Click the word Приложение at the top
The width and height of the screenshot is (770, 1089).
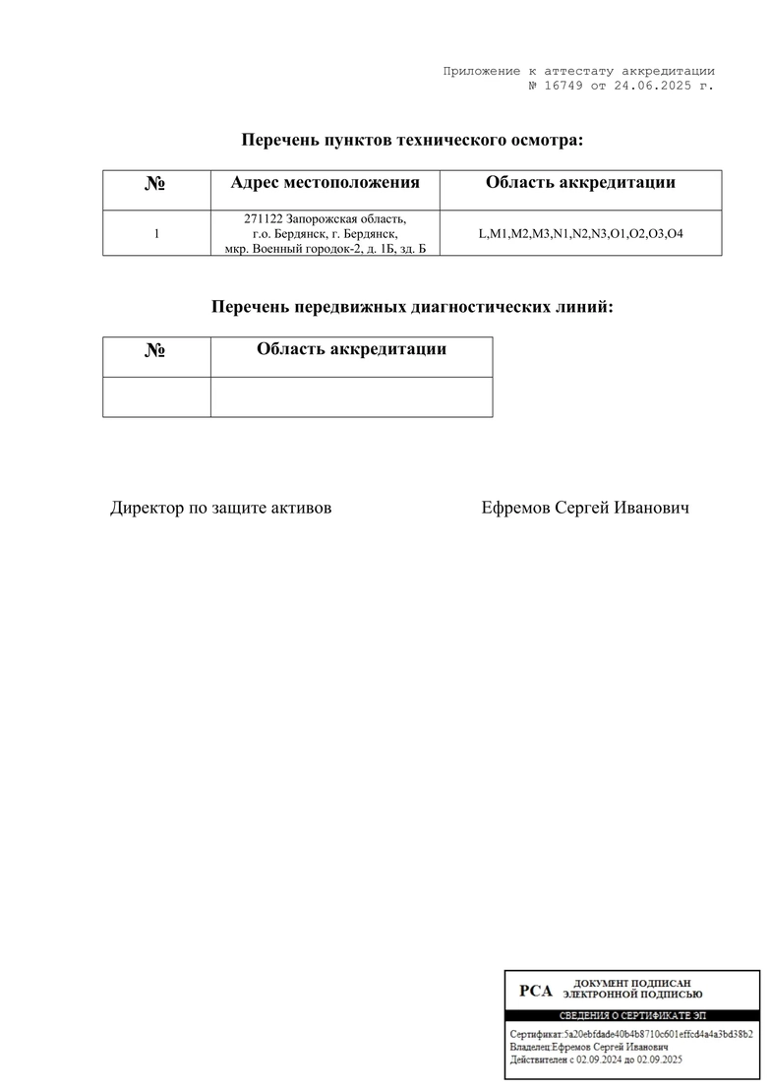click(x=481, y=71)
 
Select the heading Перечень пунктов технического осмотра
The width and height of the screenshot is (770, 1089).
click(x=412, y=140)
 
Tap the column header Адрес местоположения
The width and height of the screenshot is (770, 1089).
click(x=325, y=182)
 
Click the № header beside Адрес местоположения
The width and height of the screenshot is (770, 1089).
click(x=155, y=184)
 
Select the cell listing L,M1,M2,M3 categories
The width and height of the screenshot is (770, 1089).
click(x=580, y=234)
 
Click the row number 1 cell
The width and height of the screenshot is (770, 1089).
click(x=156, y=234)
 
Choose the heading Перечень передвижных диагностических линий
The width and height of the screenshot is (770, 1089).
click(x=412, y=307)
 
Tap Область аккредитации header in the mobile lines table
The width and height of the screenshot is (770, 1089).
click(x=351, y=349)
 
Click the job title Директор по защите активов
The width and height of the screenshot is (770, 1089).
click(x=220, y=508)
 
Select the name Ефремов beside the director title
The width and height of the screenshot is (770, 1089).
click(x=516, y=508)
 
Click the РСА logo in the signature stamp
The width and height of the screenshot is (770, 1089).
click(x=536, y=991)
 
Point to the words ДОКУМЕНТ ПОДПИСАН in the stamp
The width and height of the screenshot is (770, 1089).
click(x=632, y=983)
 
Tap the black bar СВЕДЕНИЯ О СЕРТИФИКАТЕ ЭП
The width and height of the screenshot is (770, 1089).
click(x=632, y=1014)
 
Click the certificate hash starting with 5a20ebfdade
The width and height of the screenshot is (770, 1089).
click(x=659, y=1035)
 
